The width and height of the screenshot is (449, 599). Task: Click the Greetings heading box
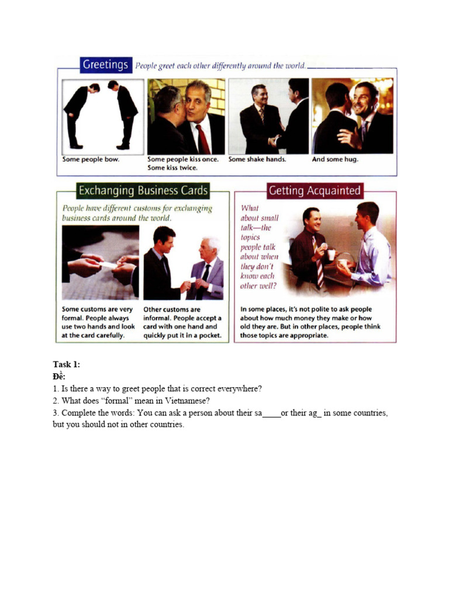(x=105, y=65)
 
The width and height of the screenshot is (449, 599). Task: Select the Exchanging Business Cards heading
(x=143, y=191)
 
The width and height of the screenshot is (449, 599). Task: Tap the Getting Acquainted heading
(x=315, y=191)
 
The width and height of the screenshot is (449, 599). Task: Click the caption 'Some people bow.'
(x=91, y=159)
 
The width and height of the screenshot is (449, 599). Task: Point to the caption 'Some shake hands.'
(x=257, y=159)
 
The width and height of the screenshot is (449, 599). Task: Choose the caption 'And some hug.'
(x=335, y=159)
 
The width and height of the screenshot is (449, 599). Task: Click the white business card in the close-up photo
(x=108, y=265)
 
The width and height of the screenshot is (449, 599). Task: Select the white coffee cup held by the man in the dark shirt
(x=331, y=254)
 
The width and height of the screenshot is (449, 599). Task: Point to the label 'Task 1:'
(x=66, y=364)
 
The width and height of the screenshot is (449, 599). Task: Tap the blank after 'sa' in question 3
(x=271, y=413)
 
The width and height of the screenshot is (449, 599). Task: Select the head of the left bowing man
(x=94, y=88)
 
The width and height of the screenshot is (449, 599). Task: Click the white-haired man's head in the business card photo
(x=208, y=248)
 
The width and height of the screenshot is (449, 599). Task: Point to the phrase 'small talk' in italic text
(x=260, y=223)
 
